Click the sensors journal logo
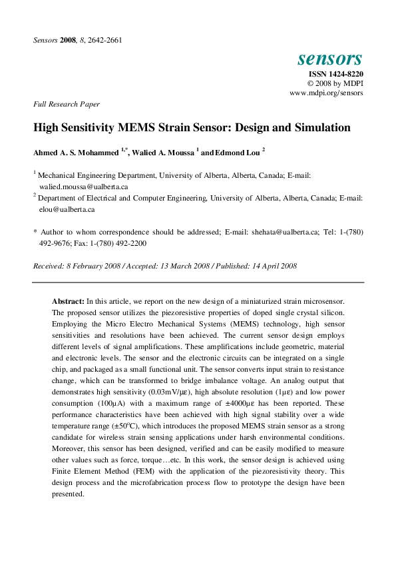329,59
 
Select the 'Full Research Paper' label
67,104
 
